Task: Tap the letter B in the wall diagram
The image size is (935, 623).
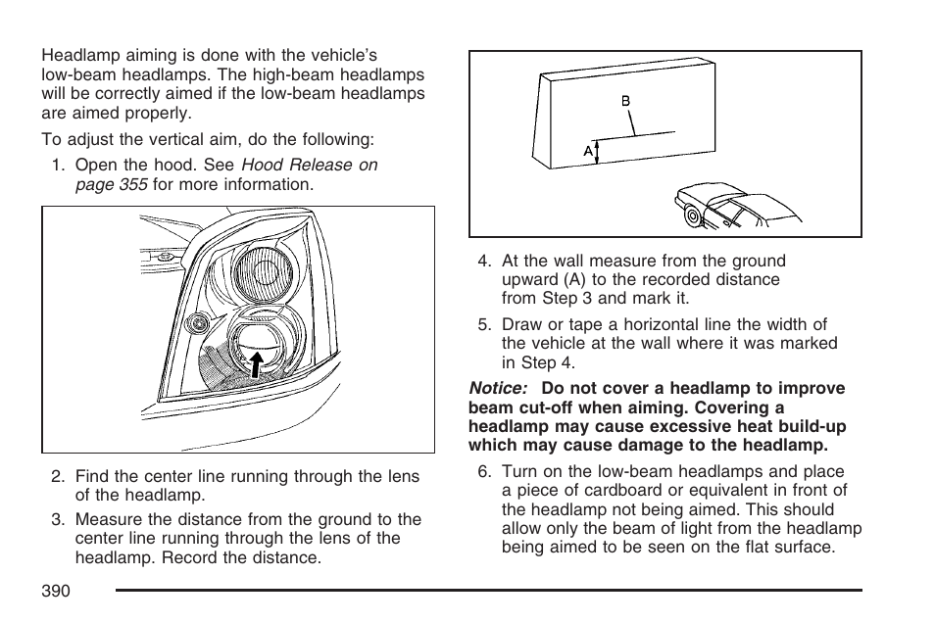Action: tap(625, 101)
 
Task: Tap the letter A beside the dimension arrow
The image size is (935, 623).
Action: tap(588, 151)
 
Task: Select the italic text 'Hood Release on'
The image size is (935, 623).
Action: tap(309, 166)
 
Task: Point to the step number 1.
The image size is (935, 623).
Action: tap(58, 166)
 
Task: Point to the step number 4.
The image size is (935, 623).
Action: tap(483, 262)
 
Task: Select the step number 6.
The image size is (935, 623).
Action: tap(483, 472)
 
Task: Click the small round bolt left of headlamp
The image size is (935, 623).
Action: tap(199, 322)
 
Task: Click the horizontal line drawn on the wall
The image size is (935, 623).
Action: tap(637, 135)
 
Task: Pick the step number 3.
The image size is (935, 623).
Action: tap(58, 520)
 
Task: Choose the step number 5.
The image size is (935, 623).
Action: tap(483, 325)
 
